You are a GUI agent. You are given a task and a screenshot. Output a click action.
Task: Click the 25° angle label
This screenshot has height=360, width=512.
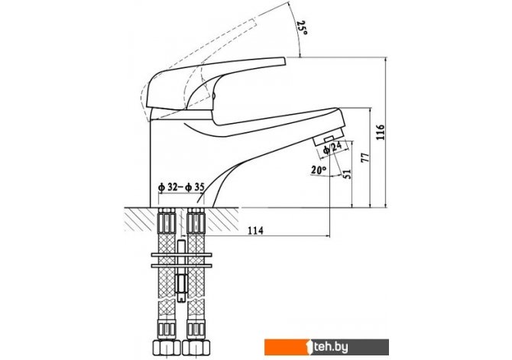click(x=302, y=28)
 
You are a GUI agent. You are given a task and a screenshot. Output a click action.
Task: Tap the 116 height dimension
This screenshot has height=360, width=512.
click(x=381, y=132)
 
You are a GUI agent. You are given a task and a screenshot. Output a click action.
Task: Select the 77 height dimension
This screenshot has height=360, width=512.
click(x=365, y=157)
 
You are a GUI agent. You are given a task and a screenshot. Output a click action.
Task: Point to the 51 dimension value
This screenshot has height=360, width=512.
click(x=348, y=174)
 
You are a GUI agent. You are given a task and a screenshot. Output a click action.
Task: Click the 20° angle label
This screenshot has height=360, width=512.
click(x=319, y=170)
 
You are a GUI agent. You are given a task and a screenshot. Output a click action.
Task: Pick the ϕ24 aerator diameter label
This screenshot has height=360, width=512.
click(x=332, y=148)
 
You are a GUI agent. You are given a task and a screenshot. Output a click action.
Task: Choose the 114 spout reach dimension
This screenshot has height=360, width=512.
click(x=256, y=231)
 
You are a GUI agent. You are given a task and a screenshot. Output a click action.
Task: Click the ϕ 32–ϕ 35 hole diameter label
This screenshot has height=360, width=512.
click(x=181, y=187)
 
